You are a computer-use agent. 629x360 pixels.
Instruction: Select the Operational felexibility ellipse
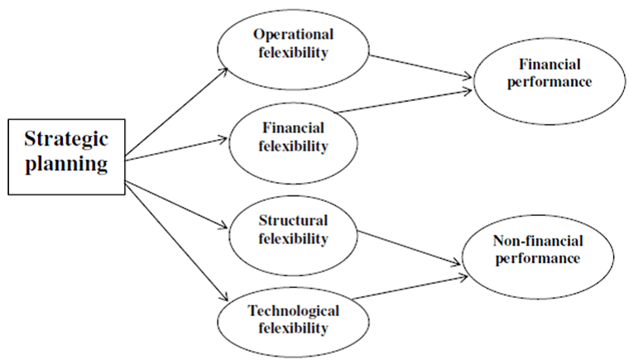click(x=293, y=45)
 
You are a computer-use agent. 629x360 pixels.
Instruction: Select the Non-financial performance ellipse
click(x=537, y=250)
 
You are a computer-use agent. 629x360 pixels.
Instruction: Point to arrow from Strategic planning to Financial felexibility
click(x=177, y=148)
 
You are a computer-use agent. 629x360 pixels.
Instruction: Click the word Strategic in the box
click(x=66, y=139)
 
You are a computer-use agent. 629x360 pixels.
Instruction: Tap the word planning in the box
click(x=66, y=164)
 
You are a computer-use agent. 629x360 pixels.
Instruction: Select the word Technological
click(x=293, y=310)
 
